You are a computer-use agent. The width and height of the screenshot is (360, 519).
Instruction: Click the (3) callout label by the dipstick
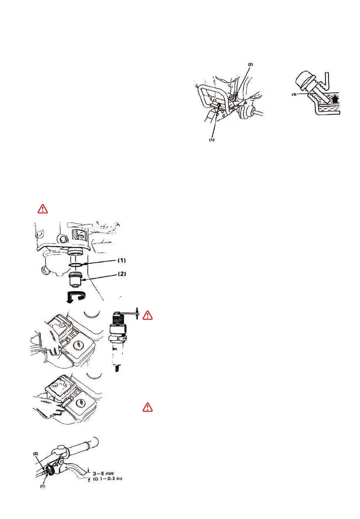pos(294,95)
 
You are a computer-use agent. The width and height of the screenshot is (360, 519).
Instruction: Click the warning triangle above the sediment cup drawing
pos(43,209)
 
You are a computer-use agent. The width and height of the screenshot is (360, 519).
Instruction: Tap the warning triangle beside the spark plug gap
pos(147,315)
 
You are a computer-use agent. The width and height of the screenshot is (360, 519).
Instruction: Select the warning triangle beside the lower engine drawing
pos(147,407)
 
